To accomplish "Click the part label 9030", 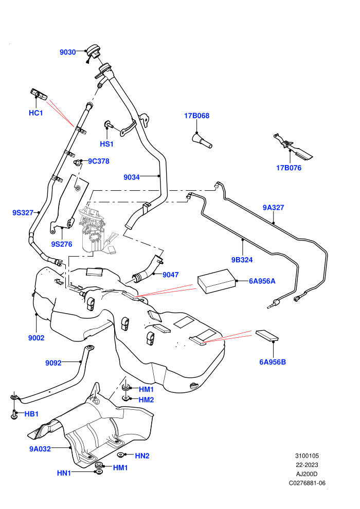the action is (x=67, y=52).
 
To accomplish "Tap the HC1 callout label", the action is (x=35, y=113).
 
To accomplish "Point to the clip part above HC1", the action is (x=38, y=94).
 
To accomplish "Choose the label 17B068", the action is (x=197, y=116).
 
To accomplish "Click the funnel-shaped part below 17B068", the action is (x=202, y=140).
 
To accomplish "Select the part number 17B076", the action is (x=289, y=168).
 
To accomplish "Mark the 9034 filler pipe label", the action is (x=132, y=177).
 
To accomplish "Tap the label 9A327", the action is (x=273, y=207).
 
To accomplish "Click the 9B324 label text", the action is (x=242, y=260).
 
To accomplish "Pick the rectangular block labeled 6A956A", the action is (x=217, y=281).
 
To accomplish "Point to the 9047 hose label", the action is (x=170, y=275).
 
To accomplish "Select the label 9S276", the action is (x=62, y=244).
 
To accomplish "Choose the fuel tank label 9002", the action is (x=36, y=338).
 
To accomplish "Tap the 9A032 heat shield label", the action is (x=40, y=449).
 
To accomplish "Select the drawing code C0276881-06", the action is (x=307, y=483).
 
